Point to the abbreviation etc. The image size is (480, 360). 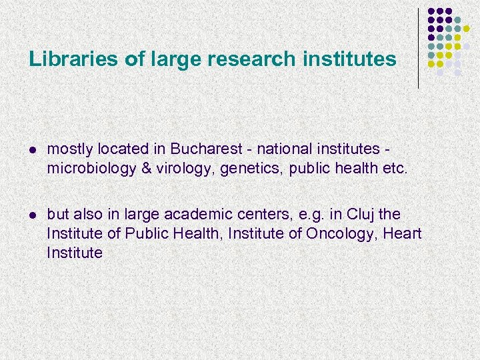click(393, 168)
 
